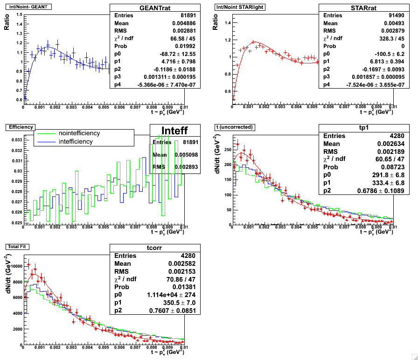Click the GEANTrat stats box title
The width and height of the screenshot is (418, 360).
click(148, 8)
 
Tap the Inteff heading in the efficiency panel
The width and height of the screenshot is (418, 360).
click(175, 130)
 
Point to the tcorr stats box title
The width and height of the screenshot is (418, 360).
click(148, 248)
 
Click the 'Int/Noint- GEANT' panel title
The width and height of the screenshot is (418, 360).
click(28, 7)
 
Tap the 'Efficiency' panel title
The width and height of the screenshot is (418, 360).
click(17, 126)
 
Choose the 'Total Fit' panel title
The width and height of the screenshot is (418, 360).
click(17, 246)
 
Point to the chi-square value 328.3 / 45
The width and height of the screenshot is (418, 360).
click(378, 39)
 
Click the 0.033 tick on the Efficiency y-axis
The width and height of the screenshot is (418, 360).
click(15, 140)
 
